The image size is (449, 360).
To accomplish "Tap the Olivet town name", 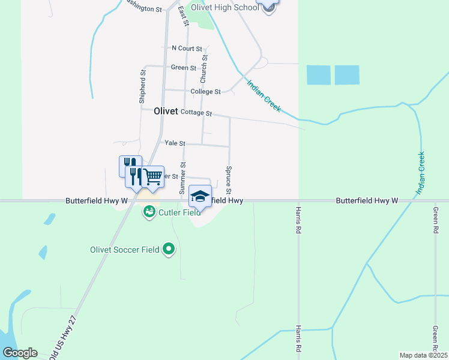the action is click(x=166, y=111).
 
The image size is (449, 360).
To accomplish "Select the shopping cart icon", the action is click(x=153, y=176).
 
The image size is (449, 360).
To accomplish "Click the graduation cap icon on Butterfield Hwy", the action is click(x=200, y=196).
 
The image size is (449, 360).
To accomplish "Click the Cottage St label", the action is click(x=196, y=113).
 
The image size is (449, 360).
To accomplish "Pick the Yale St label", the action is click(x=174, y=144).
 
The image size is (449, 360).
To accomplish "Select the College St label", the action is click(x=205, y=92).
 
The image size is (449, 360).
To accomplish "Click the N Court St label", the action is click(x=187, y=48).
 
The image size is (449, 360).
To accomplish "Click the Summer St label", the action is click(x=183, y=177).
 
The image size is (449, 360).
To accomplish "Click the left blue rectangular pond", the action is click(x=318, y=75).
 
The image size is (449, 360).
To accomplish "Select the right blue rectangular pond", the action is click(x=346, y=75).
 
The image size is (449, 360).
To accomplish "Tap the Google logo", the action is click(x=19, y=353).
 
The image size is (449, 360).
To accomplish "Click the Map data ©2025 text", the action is click(x=423, y=355).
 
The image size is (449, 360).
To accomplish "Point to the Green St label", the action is click(x=184, y=68).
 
